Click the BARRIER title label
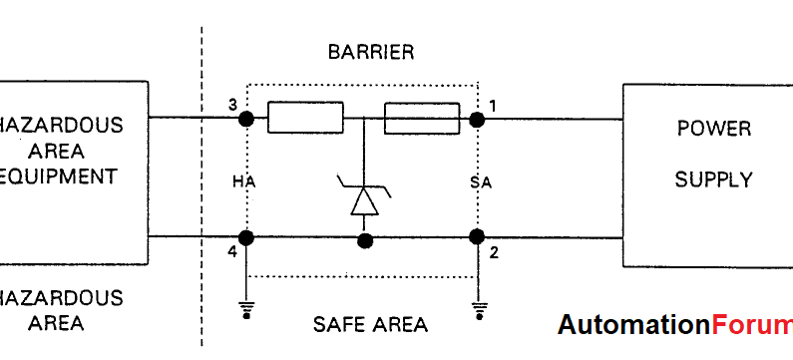[x=370, y=52]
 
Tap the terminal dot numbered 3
[x=245, y=120]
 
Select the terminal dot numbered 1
[x=477, y=120]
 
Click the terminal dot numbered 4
[x=245, y=237]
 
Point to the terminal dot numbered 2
[x=477, y=237]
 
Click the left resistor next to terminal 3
[x=306, y=120]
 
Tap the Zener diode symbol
[x=364, y=196]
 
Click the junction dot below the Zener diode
[x=365, y=239]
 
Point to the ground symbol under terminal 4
[x=245, y=310]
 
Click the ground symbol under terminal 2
[x=479, y=310]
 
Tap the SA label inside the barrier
[x=481, y=181]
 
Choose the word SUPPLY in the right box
[x=713, y=180]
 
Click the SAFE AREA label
[x=370, y=325]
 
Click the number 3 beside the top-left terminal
[x=231, y=105]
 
